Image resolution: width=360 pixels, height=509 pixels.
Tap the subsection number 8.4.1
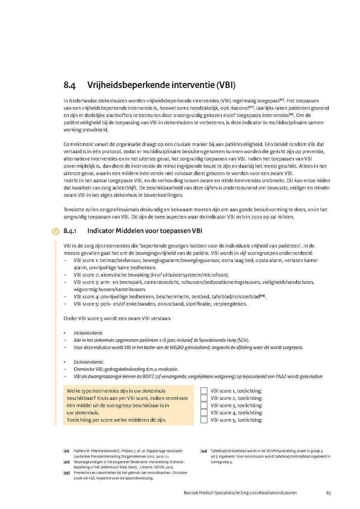coord(70,231)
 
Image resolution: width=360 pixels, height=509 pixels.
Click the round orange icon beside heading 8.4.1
coord(56,231)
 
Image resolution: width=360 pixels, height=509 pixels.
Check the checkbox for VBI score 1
coord(204,391)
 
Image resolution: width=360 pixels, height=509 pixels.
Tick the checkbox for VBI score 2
coord(204,398)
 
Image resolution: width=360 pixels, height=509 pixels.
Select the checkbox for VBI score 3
coord(204,405)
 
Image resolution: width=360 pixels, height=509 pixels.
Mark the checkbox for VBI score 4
coord(204,412)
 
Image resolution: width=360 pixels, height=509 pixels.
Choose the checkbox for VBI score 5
coord(204,420)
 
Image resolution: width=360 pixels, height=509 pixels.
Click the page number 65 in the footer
coord(328,493)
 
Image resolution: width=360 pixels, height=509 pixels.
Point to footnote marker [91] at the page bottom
coord(66,451)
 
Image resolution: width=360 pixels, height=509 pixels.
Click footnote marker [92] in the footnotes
coord(66,462)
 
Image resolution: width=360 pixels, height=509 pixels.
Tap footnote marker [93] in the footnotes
coord(66,473)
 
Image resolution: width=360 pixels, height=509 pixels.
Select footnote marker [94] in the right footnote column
coord(203,451)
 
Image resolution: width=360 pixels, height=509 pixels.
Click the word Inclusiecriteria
coord(87,333)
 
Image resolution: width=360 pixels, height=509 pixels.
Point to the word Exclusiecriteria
coord(88,362)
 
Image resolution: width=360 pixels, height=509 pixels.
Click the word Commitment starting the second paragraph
coord(78,144)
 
